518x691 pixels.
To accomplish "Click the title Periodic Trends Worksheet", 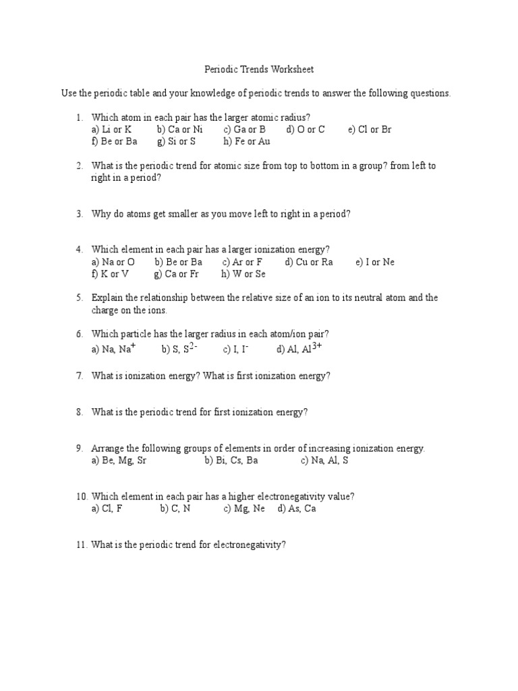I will (259, 70).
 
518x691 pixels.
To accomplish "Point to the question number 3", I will (79, 214).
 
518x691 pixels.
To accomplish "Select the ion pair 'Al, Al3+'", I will (299, 348).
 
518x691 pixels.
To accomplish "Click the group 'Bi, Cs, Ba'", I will (231, 461).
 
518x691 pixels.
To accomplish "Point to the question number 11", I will (81, 545).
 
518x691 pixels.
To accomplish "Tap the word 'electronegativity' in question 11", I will (250, 545).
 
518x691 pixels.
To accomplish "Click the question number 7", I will (79, 376).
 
